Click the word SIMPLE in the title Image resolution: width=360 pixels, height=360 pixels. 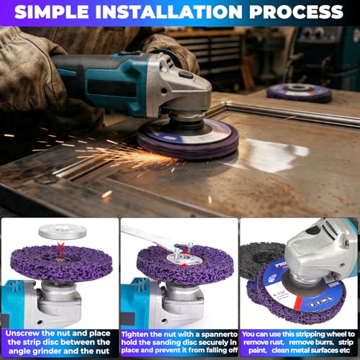52,12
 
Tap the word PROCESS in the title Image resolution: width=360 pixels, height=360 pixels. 297,12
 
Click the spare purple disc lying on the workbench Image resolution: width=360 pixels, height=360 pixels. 300,94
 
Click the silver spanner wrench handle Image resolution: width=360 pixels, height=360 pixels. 144,235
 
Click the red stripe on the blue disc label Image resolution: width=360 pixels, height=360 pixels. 298,303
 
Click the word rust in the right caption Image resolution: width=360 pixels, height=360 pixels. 276,342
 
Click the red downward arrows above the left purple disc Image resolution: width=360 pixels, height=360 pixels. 60,251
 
